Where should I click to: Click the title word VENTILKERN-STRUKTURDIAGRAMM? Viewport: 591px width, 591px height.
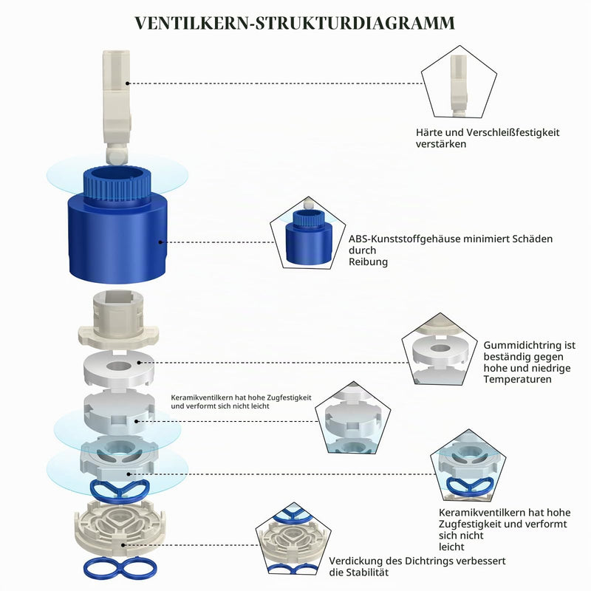(x=295, y=23)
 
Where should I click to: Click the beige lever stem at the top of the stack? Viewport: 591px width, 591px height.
(x=117, y=107)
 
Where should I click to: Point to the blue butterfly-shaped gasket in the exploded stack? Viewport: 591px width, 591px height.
(x=120, y=491)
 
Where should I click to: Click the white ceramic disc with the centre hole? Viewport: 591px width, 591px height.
(x=119, y=368)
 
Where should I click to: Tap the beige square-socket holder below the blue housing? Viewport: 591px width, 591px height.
(x=118, y=318)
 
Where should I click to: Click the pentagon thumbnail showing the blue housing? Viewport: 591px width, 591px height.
(x=308, y=233)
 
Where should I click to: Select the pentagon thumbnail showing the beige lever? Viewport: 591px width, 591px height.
(x=459, y=83)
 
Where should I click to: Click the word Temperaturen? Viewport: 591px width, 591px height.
(x=518, y=379)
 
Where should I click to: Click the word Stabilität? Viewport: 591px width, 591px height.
(x=367, y=573)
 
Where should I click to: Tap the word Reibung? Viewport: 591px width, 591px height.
(x=368, y=262)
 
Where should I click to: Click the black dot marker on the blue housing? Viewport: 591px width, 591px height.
(x=160, y=242)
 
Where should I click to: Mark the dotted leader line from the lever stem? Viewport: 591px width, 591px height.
(x=276, y=83)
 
